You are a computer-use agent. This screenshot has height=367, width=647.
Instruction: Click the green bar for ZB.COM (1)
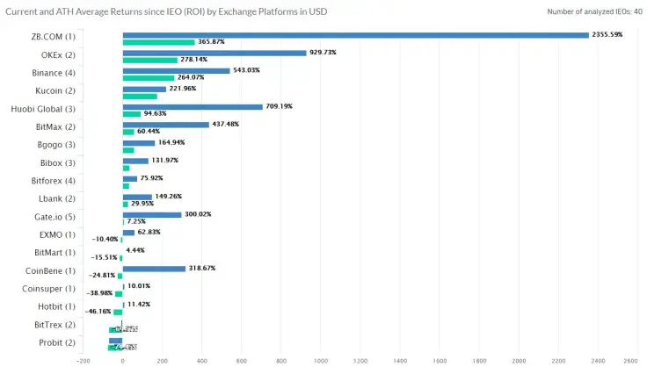158,42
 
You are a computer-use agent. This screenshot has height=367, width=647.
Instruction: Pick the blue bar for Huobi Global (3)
193,107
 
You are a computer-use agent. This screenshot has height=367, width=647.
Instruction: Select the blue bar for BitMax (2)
165,125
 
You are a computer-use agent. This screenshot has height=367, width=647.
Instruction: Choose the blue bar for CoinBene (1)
154,269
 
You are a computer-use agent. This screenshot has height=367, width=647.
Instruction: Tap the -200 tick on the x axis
83,360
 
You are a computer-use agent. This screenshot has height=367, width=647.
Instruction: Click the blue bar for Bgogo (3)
138,142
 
